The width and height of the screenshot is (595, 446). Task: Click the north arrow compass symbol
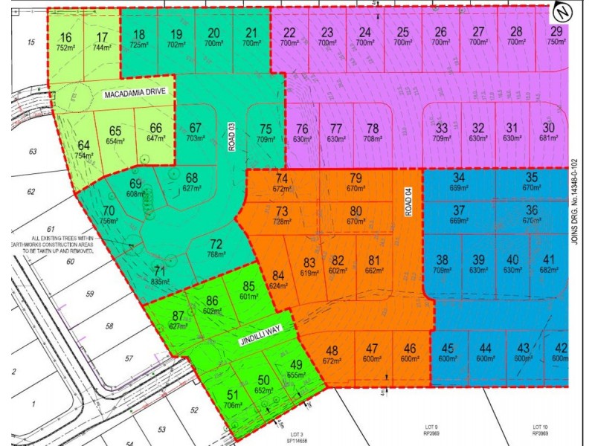pyautogui.click(x=562, y=12)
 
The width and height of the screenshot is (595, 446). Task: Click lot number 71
pyautogui.click(x=158, y=270)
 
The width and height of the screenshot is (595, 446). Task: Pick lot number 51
pyautogui.click(x=233, y=395)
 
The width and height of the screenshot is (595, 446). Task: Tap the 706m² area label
pyautogui.click(x=234, y=406)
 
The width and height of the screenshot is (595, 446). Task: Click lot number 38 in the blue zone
pyautogui.click(x=443, y=259)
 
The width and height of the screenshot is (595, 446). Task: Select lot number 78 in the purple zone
pyautogui.click(x=373, y=128)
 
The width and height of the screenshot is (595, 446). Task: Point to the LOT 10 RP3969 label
pyautogui.click(x=541, y=430)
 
